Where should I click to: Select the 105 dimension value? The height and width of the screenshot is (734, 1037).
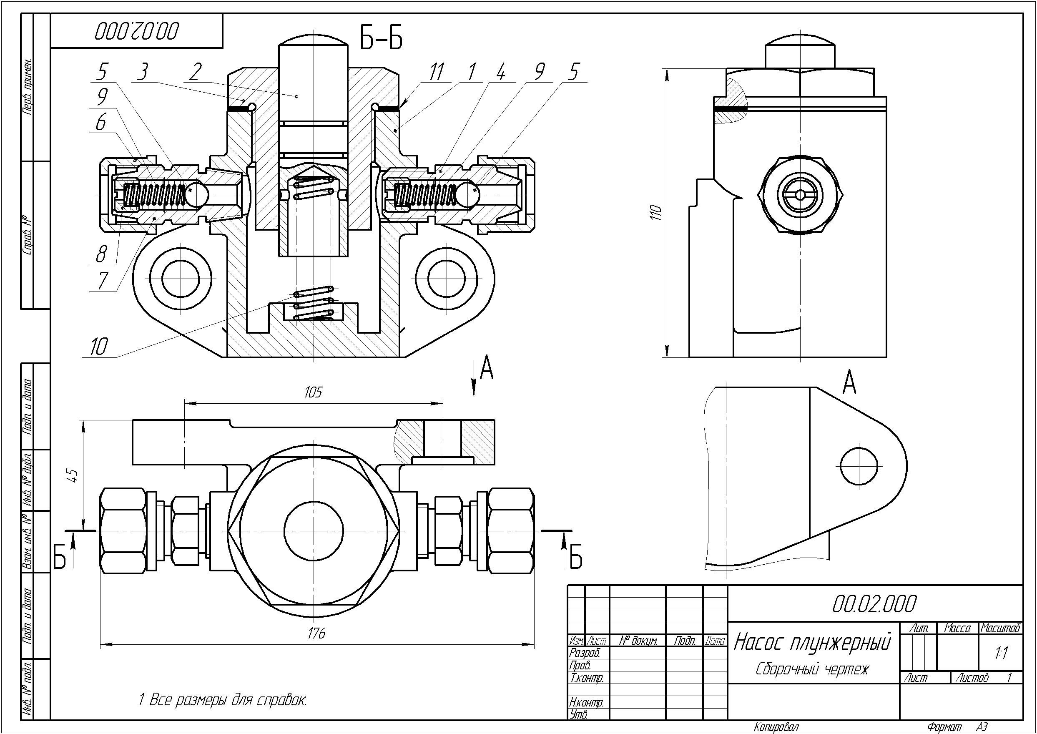313,392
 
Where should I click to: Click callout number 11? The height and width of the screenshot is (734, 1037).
436,72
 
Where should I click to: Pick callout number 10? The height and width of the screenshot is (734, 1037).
98,347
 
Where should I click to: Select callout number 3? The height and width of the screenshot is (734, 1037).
143,72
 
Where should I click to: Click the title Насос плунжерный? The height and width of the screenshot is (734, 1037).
812,642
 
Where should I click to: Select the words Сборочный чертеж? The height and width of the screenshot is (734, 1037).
812,669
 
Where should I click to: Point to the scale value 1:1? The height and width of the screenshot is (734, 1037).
1001,653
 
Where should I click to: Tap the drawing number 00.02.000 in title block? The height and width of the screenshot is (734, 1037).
874,604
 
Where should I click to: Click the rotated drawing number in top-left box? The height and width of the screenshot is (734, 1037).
136,31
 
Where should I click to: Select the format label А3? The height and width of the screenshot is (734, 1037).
982,727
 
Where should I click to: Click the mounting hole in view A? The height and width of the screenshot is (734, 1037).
859,465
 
